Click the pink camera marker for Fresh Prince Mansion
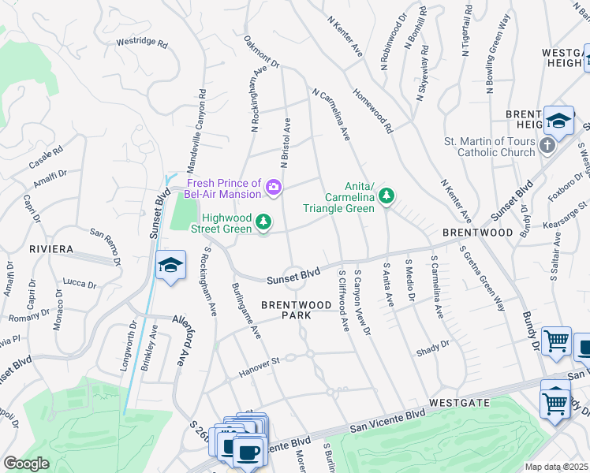pos(274,187)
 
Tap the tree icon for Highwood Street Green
pos(264,224)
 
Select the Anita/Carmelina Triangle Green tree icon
pos(386,195)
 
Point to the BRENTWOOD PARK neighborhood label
pos(297,309)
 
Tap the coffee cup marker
pos(248,452)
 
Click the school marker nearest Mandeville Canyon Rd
pos(170,266)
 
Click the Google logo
pos(26,464)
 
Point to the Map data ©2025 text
pos(557,467)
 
